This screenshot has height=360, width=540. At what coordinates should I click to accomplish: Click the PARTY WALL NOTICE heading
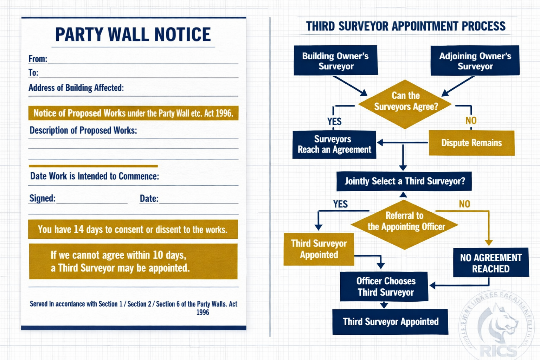(133, 35)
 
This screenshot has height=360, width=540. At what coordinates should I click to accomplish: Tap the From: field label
(38, 59)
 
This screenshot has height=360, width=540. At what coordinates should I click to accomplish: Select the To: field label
(33, 73)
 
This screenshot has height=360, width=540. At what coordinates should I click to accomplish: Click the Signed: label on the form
(42, 198)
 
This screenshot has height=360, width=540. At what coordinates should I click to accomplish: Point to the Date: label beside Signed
(149, 199)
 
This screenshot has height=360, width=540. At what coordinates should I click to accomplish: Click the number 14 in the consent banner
(78, 230)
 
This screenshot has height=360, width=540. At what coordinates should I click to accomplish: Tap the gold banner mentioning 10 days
(133, 261)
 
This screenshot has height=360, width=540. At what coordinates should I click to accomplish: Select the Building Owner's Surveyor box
(335, 61)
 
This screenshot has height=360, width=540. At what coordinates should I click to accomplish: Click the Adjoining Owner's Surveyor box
(475, 61)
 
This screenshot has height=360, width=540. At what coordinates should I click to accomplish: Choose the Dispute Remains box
(471, 143)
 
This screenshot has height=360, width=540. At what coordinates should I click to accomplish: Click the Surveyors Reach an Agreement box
(334, 144)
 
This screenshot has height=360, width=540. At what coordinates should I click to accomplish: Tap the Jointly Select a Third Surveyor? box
(404, 181)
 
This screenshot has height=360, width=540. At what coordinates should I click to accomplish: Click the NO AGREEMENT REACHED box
(491, 263)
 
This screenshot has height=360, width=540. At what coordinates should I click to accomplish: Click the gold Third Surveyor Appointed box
(319, 249)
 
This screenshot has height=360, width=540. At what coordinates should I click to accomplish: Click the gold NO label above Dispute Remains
(471, 121)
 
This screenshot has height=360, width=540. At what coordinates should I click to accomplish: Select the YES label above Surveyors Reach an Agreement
(334, 122)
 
